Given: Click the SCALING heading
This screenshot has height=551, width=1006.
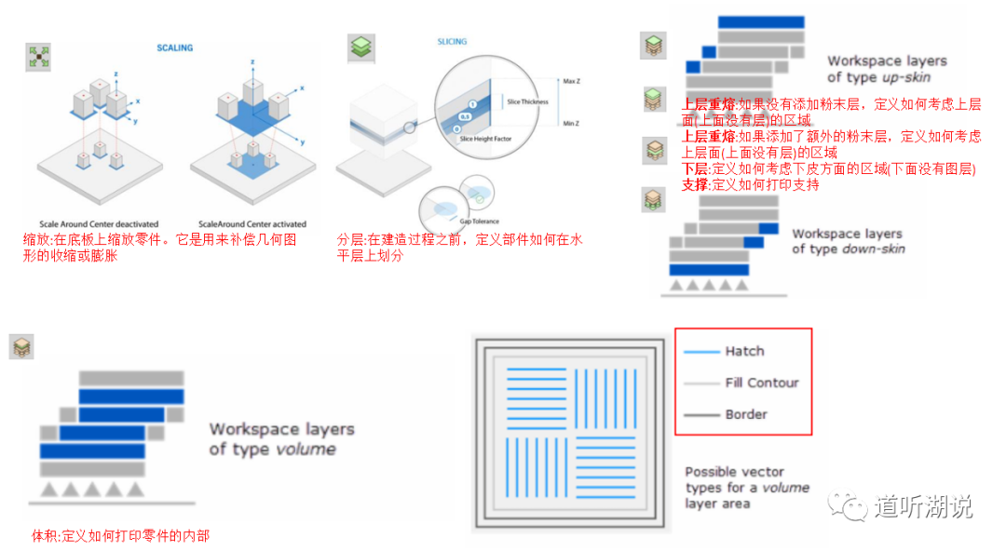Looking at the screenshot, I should point(174,47).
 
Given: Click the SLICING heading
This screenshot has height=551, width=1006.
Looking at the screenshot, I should point(452,42).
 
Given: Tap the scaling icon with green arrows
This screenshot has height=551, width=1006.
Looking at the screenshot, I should point(39,57).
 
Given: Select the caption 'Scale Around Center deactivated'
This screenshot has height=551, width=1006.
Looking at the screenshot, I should point(99,224).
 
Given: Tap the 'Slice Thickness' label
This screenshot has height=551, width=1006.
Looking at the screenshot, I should point(528,101).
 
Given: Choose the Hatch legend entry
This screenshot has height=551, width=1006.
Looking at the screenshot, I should point(743,351).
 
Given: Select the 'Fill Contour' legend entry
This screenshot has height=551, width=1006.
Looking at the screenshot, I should point(761,383).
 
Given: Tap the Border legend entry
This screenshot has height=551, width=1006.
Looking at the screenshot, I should point(746,414).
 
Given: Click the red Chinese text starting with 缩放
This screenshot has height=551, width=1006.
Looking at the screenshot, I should point(158,248).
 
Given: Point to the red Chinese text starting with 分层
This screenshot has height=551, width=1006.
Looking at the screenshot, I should point(459,248).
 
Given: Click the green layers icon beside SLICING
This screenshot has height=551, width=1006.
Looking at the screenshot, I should point(360,48).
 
